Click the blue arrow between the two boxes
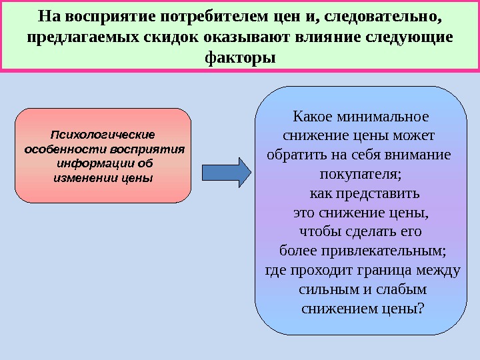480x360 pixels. pyautogui.click(x=227, y=171)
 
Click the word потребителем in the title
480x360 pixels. pyautogui.click(x=219, y=15)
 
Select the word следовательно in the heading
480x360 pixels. pyautogui.click(x=377, y=15)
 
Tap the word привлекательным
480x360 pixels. pyautogui.click(x=389, y=251)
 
